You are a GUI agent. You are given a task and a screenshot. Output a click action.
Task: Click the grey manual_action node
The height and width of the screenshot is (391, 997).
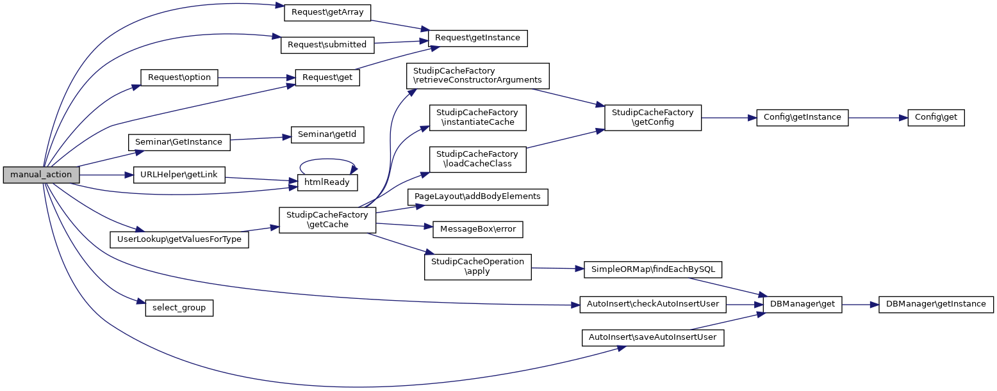42,175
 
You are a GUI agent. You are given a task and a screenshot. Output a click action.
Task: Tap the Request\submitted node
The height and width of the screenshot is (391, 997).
327,45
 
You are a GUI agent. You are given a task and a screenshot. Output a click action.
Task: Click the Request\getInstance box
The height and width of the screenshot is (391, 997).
477,38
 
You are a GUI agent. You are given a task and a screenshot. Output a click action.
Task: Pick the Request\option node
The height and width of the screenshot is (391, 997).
179,77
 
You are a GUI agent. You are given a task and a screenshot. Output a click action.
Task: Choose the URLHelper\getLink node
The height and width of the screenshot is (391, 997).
179,175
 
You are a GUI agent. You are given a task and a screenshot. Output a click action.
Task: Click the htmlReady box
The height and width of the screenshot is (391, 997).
327,182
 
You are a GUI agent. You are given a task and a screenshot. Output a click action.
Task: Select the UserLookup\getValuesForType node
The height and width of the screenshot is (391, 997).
179,240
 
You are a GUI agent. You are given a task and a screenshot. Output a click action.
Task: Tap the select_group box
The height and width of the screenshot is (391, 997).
179,308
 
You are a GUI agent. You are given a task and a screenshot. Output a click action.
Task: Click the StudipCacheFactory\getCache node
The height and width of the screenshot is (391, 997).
327,219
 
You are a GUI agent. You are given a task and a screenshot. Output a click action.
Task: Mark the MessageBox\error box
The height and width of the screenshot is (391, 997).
478,228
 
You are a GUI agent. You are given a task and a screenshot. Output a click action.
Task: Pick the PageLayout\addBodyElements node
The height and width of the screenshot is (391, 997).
478,196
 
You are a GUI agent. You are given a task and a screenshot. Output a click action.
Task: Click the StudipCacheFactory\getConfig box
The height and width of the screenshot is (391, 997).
653,117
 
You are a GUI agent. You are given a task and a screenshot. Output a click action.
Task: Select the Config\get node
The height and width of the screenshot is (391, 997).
936,117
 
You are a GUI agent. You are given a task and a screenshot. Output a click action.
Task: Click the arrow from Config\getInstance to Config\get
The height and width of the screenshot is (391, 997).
878,117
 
